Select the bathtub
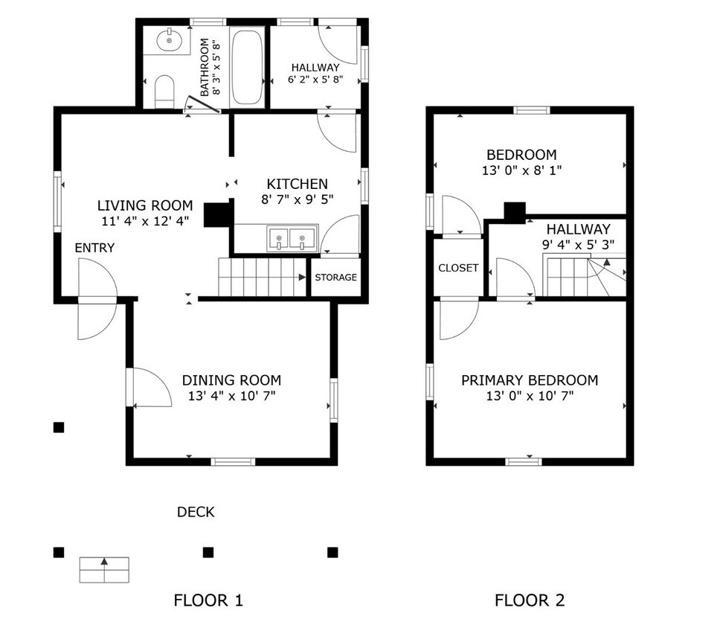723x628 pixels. (x=246, y=68)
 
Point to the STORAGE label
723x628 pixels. (x=335, y=278)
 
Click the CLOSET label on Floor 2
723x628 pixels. (x=458, y=268)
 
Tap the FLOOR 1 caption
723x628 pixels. (x=208, y=600)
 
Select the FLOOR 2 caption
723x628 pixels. (x=530, y=600)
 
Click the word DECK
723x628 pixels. (x=196, y=512)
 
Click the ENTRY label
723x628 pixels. (x=94, y=248)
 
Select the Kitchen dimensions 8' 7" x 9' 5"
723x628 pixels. (x=297, y=199)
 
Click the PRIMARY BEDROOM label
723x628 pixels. (x=530, y=380)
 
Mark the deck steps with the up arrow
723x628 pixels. (x=104, y=569)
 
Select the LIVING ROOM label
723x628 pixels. (x=145, y=205)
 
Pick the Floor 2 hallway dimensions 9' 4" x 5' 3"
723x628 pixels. (x=578, y=244)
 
